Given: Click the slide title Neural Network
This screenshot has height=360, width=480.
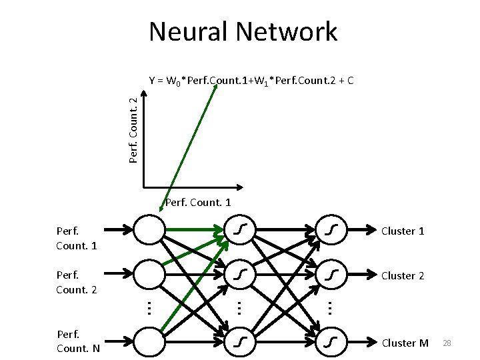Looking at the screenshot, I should (x=243, y=32).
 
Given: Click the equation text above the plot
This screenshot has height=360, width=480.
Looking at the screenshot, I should (x=251, y=81).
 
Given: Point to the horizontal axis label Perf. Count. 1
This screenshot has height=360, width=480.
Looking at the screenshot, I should (x=197, y=202).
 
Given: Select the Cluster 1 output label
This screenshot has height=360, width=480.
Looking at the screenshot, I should (x=403, y=231).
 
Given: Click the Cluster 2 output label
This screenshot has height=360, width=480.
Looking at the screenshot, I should (x=403, y=275).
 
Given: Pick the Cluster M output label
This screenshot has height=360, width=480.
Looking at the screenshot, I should (x=405, y=343).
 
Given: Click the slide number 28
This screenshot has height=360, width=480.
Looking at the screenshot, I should (x=447, y=343).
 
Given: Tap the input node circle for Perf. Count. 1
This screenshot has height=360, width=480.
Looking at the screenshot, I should (x=149, y=230).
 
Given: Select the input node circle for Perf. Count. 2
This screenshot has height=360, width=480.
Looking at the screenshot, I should (x=149, y=273).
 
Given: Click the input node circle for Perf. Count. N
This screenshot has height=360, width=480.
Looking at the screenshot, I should (x=149, y=341).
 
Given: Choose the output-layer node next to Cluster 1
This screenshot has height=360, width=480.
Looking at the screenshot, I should (x=331, y=230).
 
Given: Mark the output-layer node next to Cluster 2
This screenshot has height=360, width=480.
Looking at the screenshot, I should (x=331, y=273).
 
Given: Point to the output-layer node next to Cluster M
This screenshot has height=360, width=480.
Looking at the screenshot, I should (x=331, y=341).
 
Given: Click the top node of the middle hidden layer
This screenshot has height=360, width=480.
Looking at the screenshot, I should (x=240, y=230).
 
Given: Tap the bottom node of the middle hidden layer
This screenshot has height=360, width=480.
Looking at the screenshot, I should (x=240, y=341).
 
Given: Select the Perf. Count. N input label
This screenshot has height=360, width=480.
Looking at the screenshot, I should (x=78, y=341).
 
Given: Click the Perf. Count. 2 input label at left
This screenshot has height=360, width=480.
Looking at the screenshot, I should (x=77, y=282).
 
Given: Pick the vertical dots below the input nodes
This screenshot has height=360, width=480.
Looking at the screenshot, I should (x=149, y=307).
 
